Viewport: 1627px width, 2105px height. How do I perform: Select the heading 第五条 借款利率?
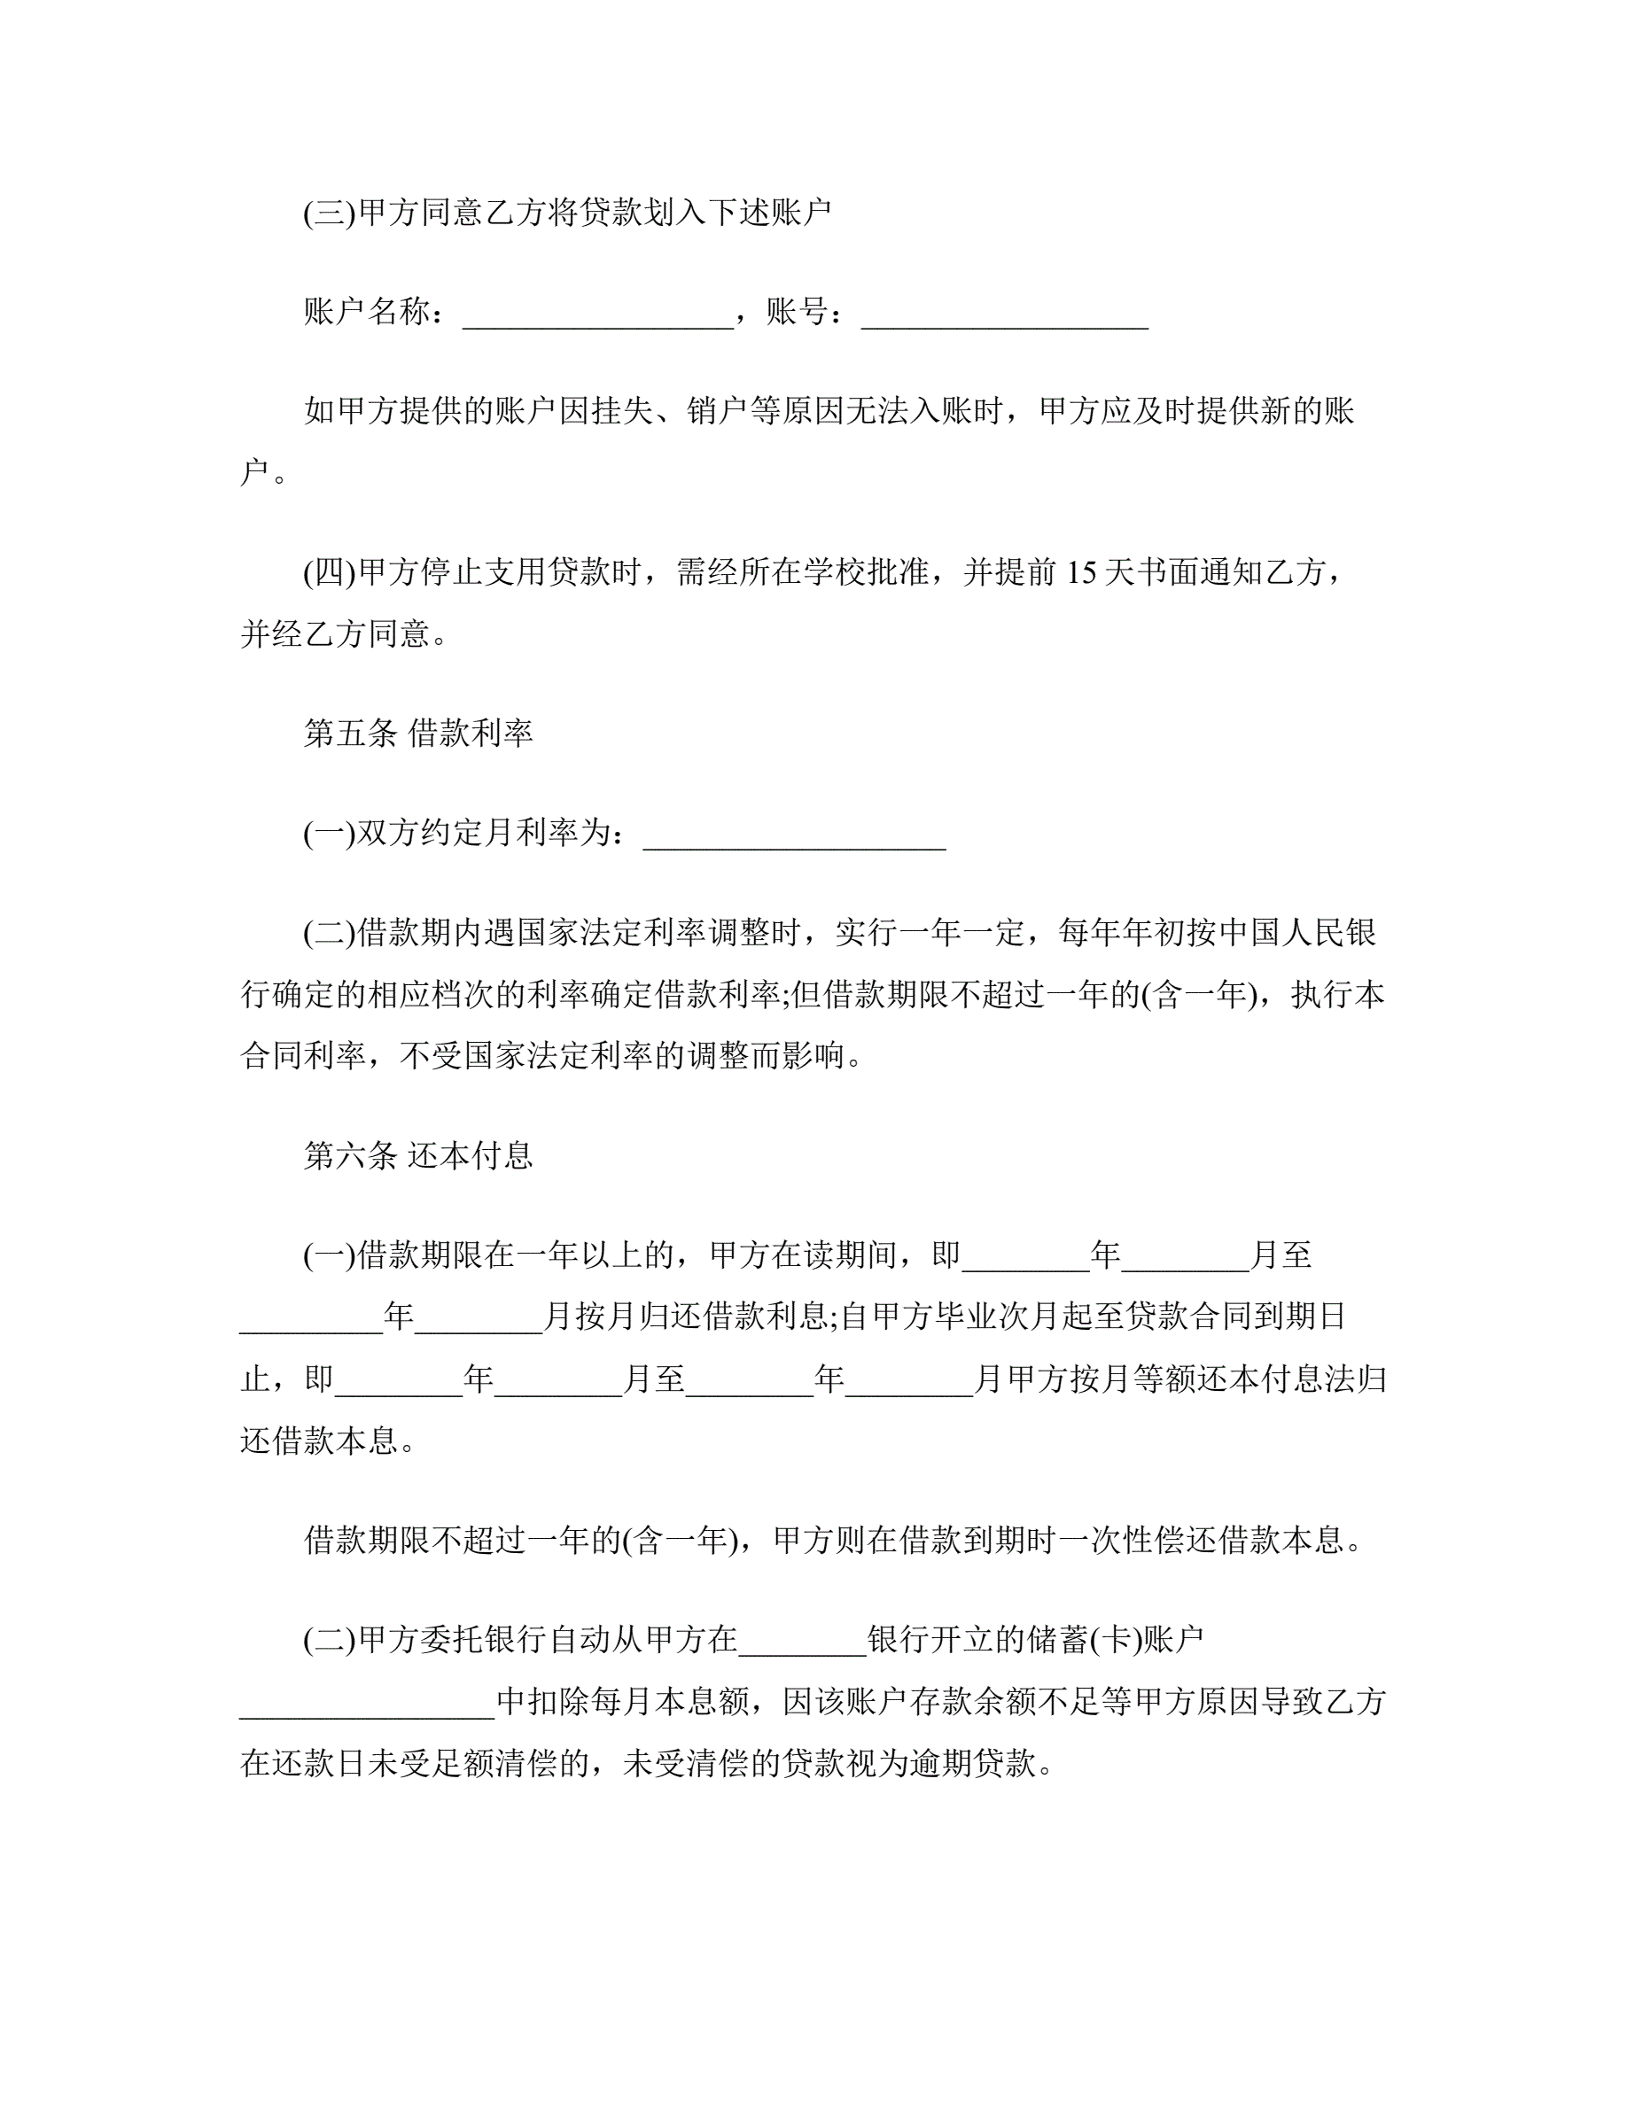pyautogui.click(x=418, y=734)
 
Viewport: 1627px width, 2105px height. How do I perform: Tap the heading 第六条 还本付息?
pyautogui.click(x=418, y=1154)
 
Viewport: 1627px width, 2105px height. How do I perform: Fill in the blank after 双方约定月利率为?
pyautogui.click(x=794, y=835)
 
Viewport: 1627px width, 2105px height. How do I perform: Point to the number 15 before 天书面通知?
pyautogui.click(x=1081, y=573)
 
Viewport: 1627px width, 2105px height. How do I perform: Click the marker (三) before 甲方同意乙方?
pyautogui.click(x=330, y=213)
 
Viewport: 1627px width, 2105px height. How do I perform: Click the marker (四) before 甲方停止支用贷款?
pyautogui.click(x=330, y=573)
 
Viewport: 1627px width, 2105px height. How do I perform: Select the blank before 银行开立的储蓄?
pyautogui.click(x=803, y=1640)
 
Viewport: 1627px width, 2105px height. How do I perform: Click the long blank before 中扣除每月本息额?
pyautogui.click(x=367, y=1702)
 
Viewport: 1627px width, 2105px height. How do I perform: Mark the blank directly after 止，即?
pyautogui.click(x=398, y=1379)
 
